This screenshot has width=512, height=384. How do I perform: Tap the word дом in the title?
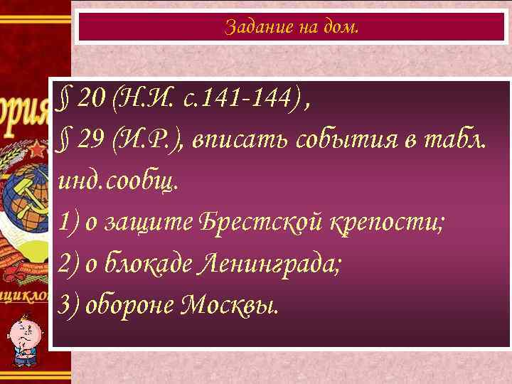tap(343, 27)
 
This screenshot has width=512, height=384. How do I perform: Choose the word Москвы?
tap(230, 305)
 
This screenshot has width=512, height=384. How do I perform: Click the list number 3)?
tap(69, 305)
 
